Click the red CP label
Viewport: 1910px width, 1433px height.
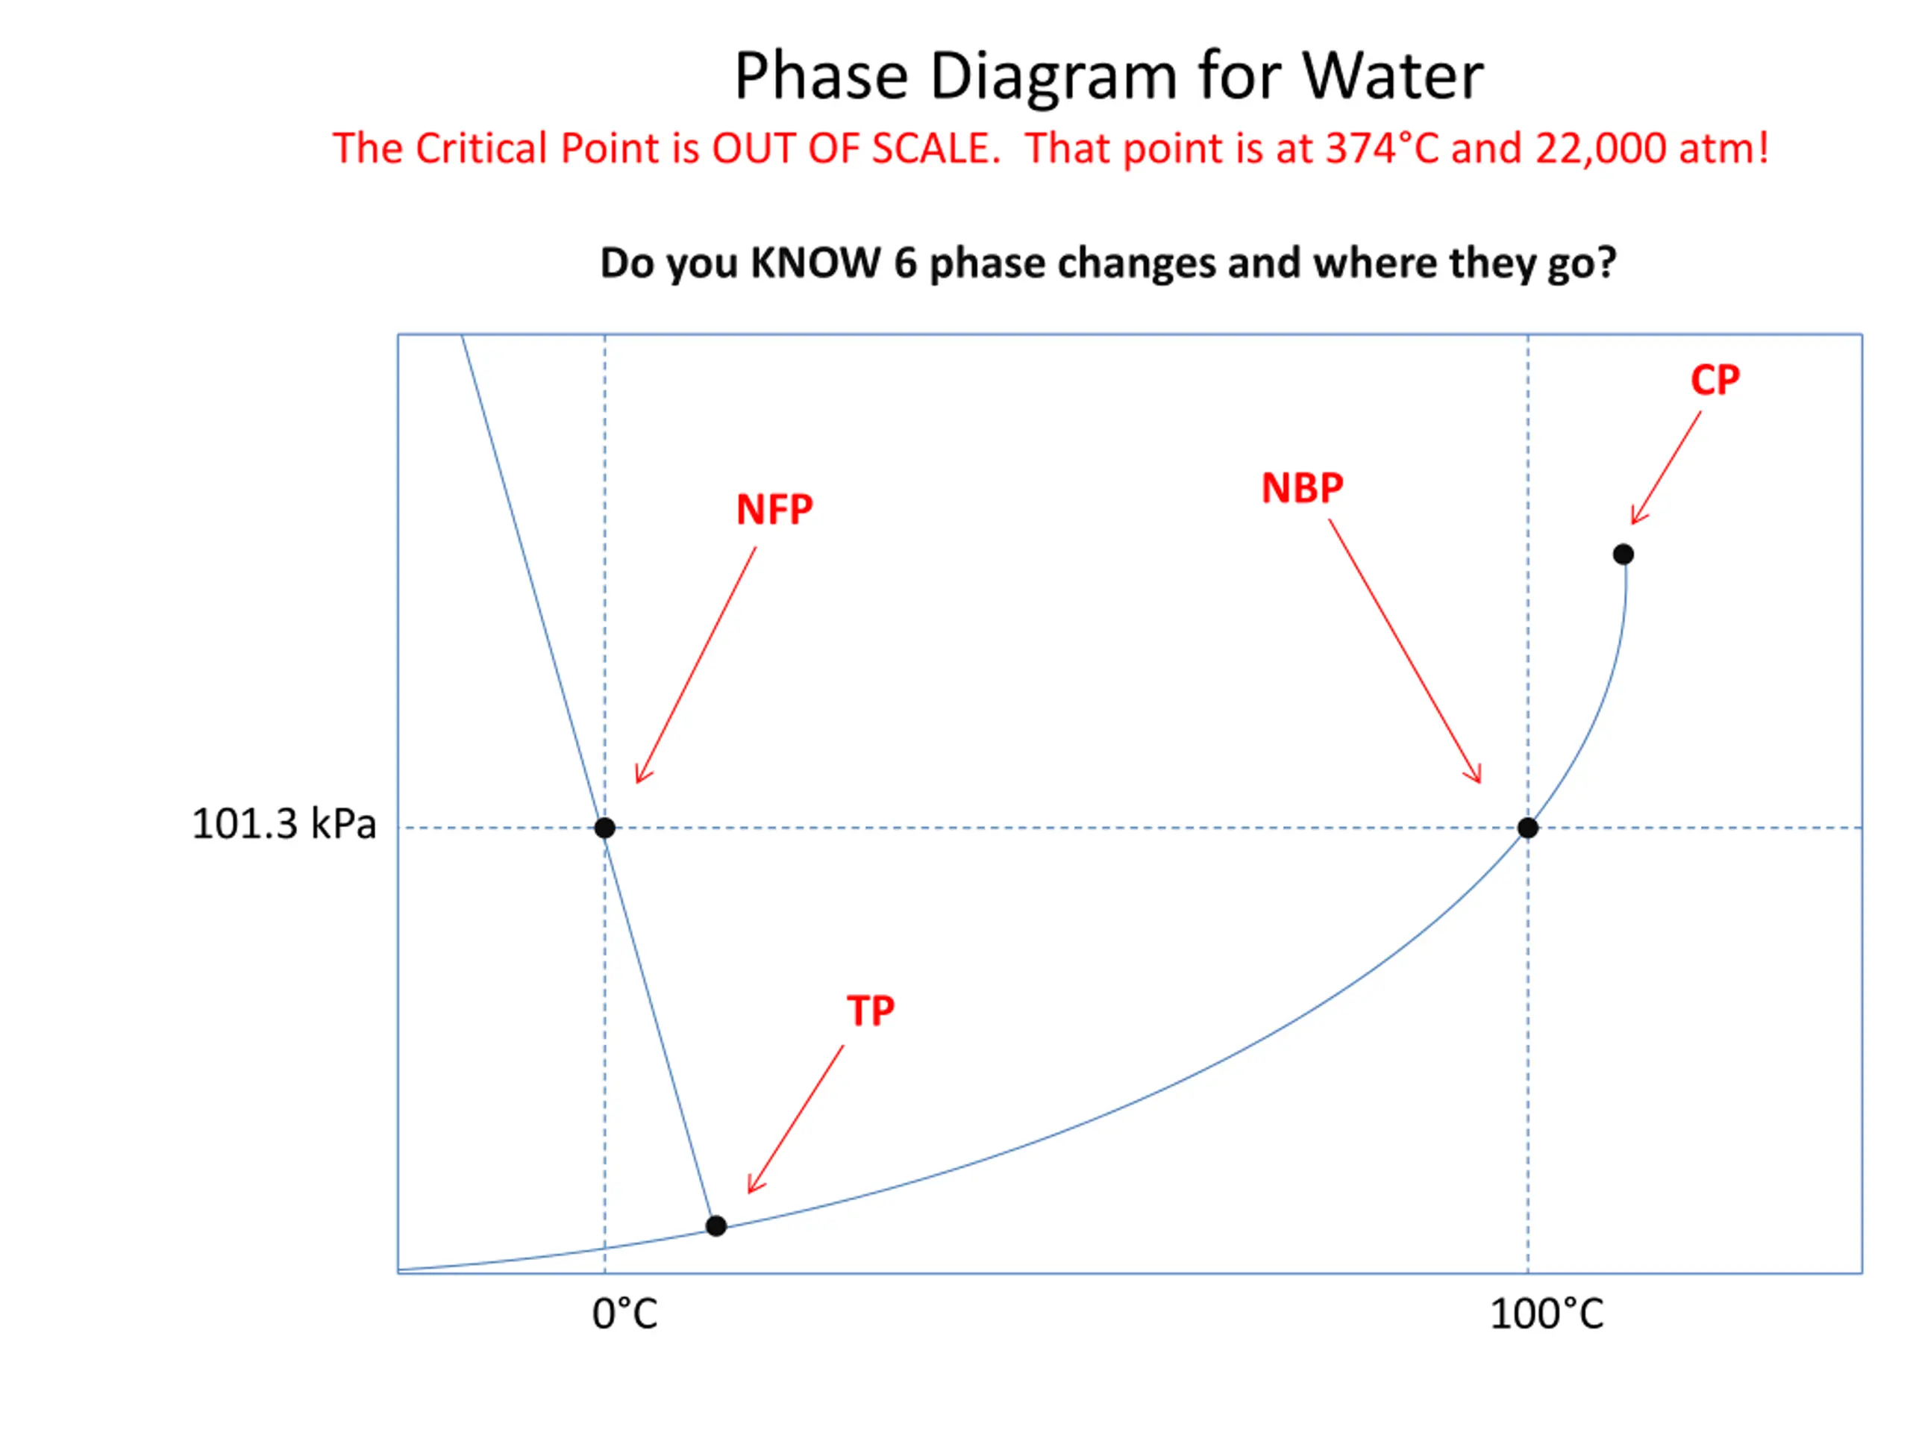point(1714,380)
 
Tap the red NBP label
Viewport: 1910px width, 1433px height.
point(1302,489)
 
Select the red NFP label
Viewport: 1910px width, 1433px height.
point(774,510)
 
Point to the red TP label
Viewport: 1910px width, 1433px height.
point(871,1011)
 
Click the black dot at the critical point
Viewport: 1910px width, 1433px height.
point(1623,555)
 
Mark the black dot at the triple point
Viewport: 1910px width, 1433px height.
point(716,1226)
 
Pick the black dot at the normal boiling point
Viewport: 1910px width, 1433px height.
point(1527,828)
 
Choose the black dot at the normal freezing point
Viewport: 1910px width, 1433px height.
point(604,828)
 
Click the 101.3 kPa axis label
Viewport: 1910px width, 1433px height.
point(284,824)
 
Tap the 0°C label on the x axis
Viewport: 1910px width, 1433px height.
point(624,1314)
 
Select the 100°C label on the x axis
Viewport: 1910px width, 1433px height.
point(1547,1314)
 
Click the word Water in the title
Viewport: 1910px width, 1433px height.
point(1392,76)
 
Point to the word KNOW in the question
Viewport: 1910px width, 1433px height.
point(815,263)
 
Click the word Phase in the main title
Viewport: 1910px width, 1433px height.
point(821,76)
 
